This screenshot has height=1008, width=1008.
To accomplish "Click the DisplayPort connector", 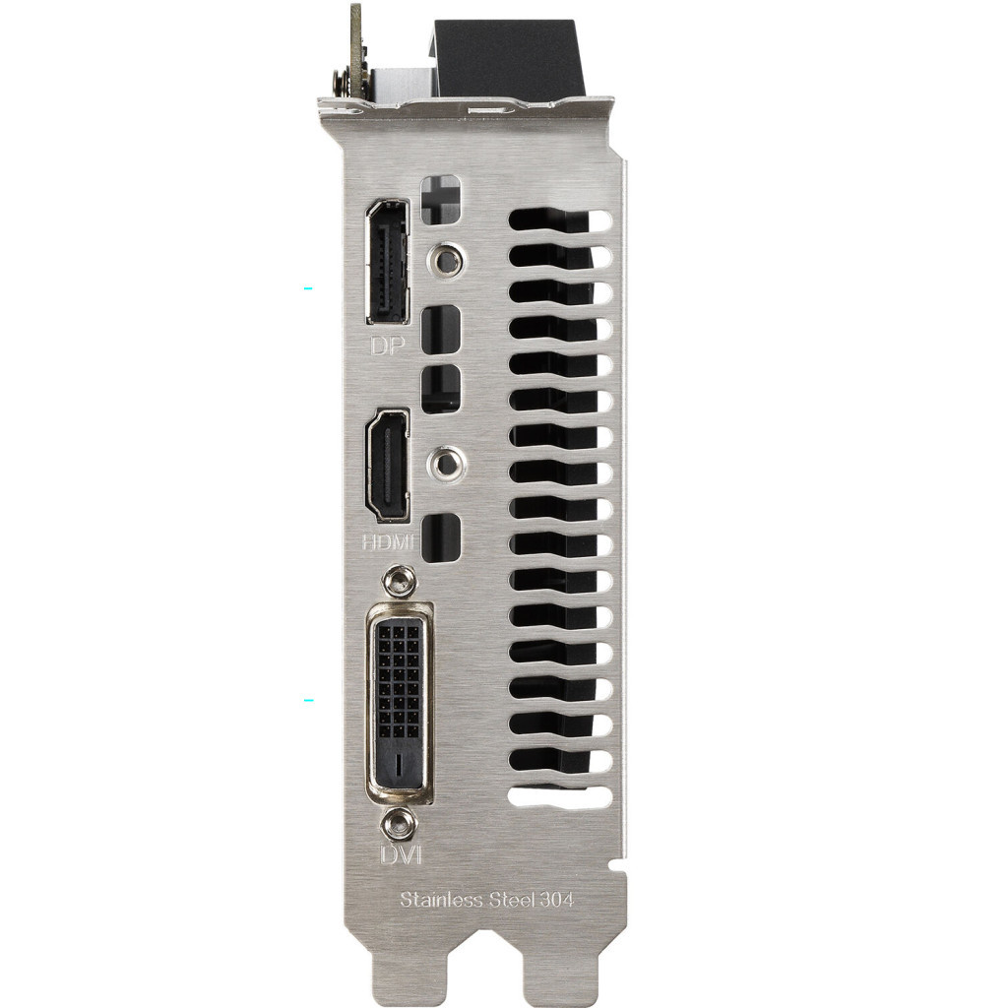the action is (x=387, y=262).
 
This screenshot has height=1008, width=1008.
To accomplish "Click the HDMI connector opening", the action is (x=387, y=465).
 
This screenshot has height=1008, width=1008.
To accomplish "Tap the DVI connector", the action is (x=399, y=703).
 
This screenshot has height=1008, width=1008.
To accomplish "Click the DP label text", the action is (x=388, y=346).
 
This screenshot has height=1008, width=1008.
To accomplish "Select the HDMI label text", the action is (x=388, y=542).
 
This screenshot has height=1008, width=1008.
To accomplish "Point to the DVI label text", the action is (x=401, y=855).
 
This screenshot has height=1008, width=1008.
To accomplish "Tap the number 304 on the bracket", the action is (x=556, y=900).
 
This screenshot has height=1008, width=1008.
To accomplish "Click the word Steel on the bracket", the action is (x=512, y=899).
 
